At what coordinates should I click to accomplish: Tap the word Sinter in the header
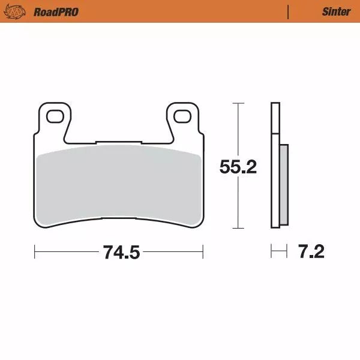tap(336, 11)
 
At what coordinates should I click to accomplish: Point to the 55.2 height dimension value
tap(238, 167)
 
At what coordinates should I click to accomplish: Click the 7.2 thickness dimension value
tap(311, 252)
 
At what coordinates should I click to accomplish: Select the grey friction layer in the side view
tap(284, 182)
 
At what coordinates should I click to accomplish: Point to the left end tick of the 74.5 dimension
tap(34, 251)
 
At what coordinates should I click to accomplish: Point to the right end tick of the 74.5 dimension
tap(203, 251)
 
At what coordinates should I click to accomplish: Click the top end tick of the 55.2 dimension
tap(238, 104)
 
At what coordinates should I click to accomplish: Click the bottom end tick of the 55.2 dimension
tap(238, 228)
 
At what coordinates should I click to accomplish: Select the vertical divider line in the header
tap(288, 11)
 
